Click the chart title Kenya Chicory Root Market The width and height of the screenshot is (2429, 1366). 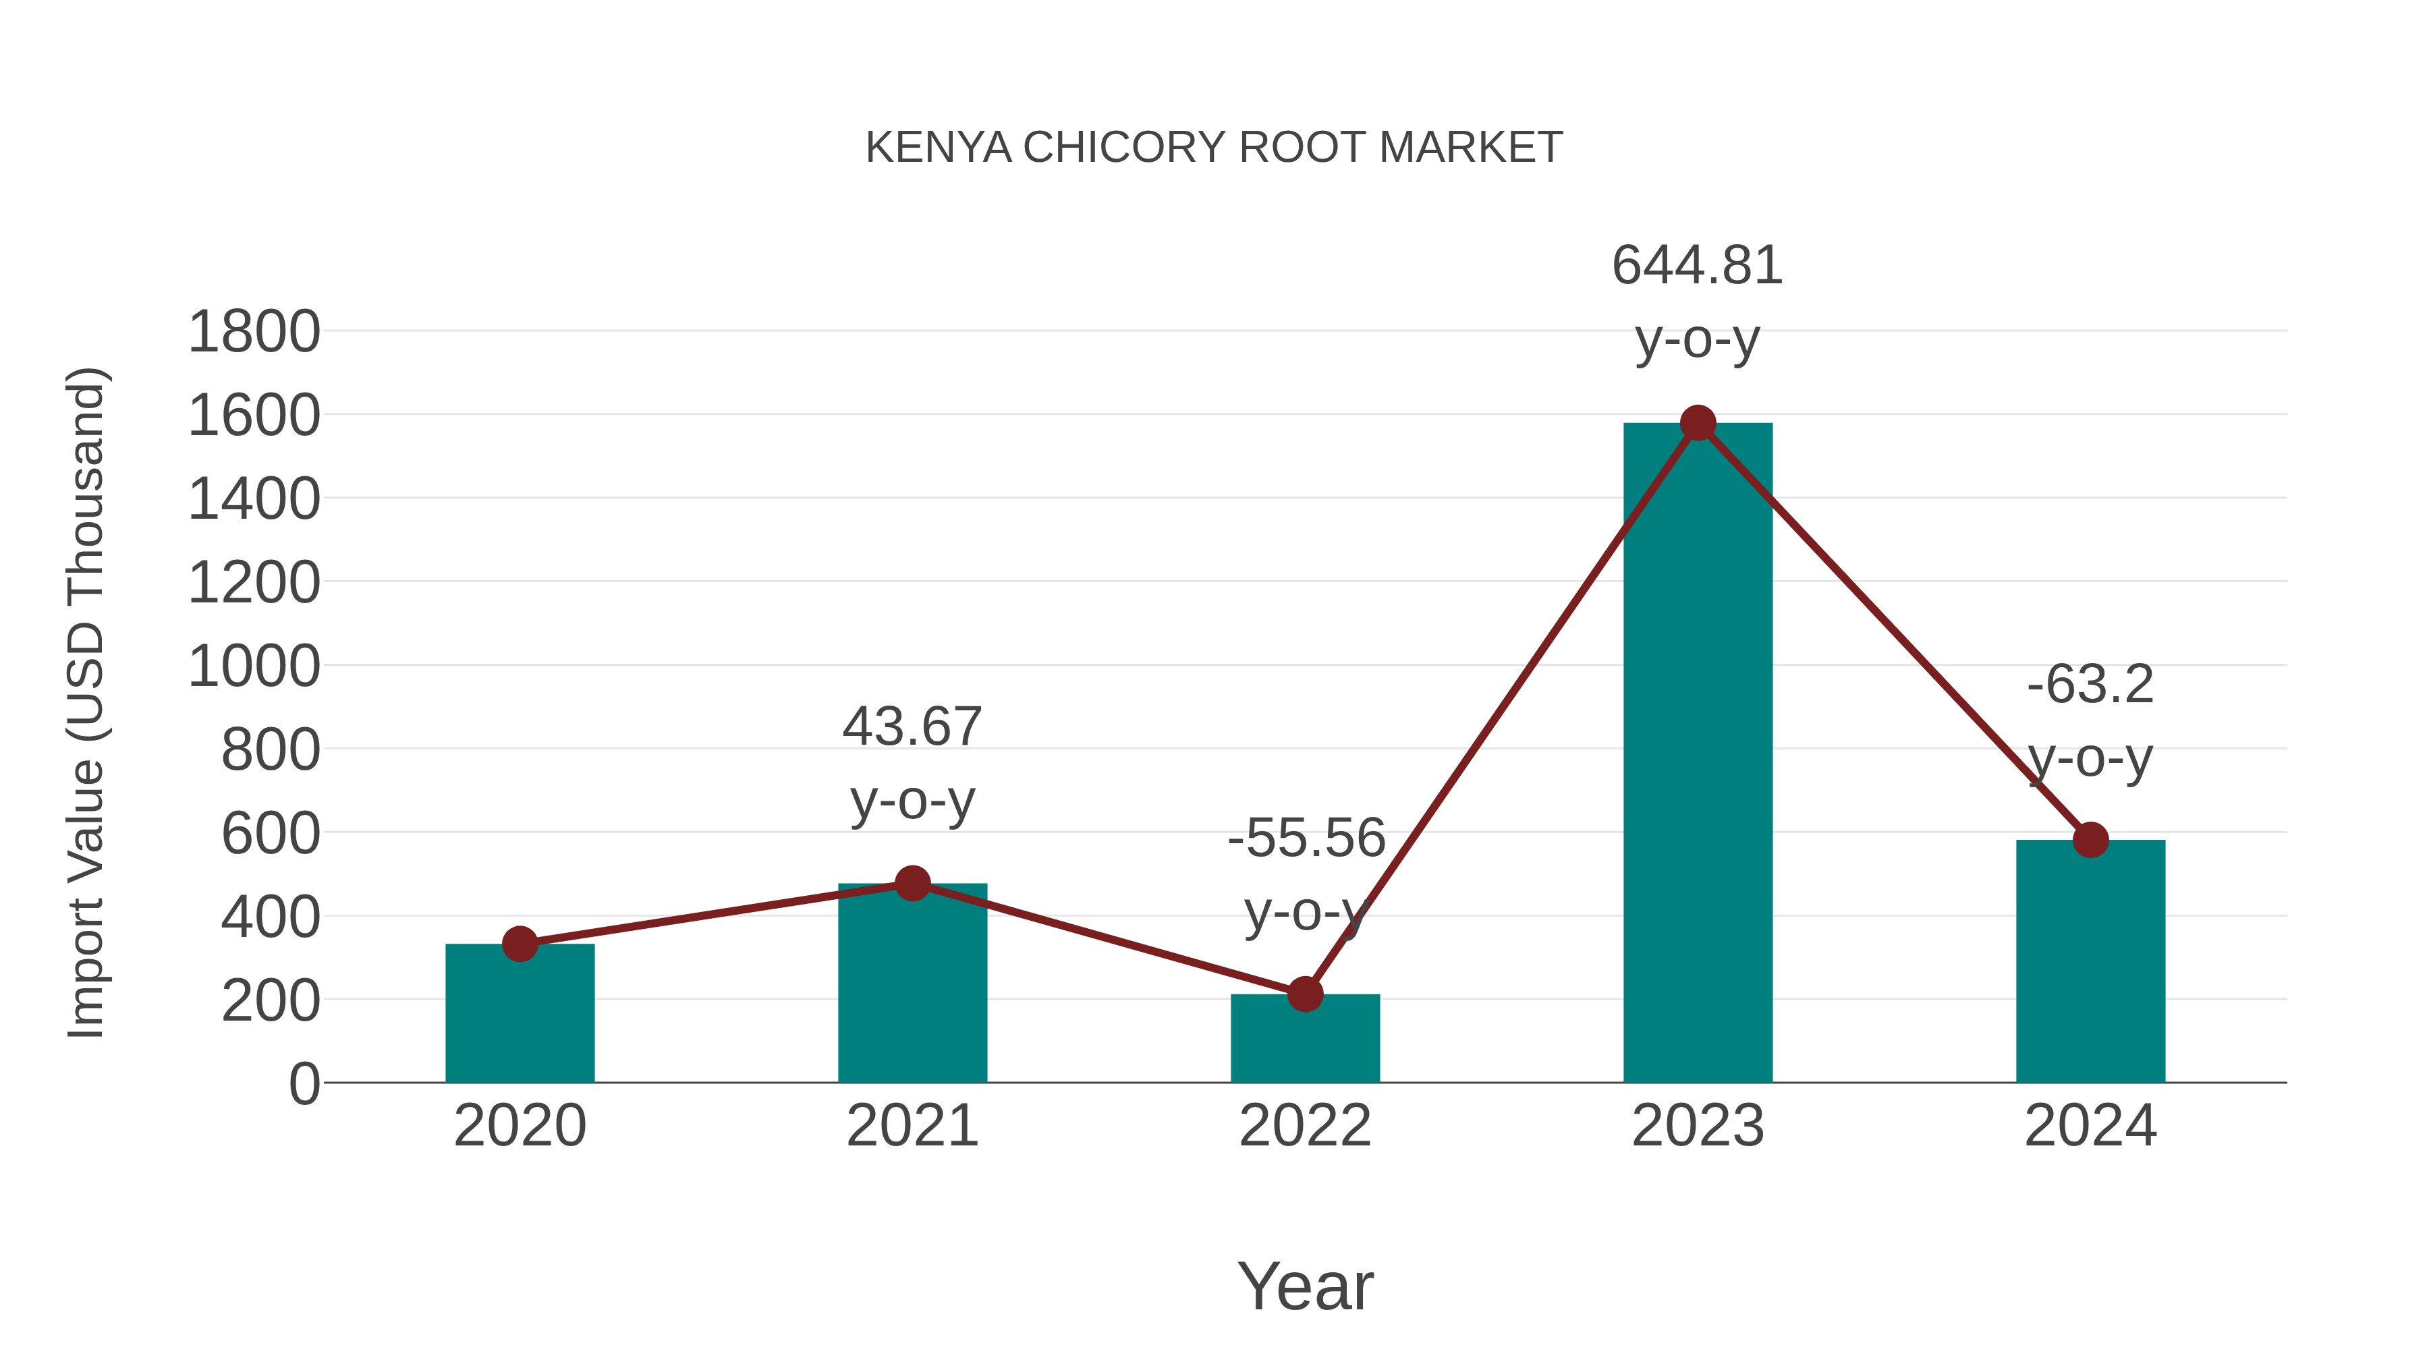click(1214, 148)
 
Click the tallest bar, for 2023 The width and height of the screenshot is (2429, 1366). click(1698, 754)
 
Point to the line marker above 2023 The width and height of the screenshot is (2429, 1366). click(1698, 423)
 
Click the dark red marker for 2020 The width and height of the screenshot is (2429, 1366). click(520, 944)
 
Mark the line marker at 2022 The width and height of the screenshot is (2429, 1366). click(1304, 994)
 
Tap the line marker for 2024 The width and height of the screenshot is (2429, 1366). click(2090, 839)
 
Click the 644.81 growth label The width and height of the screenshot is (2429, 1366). click(1698, 266)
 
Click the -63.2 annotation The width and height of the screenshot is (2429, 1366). click(2090, 685)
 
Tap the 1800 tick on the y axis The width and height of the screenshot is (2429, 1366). click(254, 333)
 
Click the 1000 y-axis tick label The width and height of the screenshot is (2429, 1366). click(254, 667)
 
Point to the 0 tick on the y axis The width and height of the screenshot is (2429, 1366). click(304, 1084)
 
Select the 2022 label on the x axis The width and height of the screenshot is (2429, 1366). click(1304, 1126)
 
